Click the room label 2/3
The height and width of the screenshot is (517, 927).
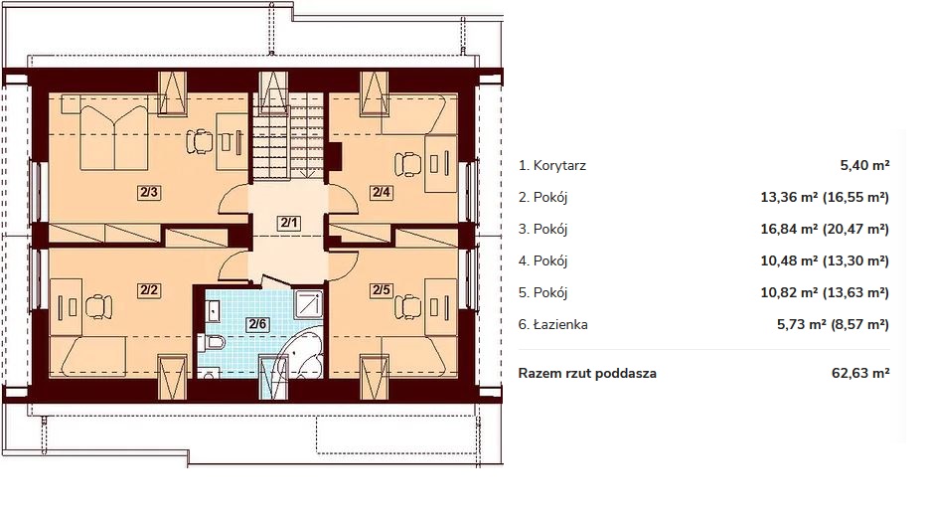coord(149,192)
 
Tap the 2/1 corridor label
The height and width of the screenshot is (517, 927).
coord(289,223)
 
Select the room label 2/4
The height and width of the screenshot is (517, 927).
coord(382,192)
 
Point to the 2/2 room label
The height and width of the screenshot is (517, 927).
coord(149,290)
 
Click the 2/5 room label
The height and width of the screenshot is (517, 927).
coord(382,290)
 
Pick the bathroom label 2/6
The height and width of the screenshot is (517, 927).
coord(257,324)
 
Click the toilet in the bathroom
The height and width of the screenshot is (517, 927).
coord(211,342)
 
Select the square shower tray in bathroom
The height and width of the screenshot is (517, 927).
coord(308,304)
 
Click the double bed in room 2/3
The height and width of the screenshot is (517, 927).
coord(113,137)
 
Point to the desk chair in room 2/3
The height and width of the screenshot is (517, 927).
coord(200,141)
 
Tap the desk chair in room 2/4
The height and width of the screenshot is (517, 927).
coord(407,163)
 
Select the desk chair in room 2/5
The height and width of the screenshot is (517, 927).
coord(407,306)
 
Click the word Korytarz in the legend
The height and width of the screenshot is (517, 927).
coord(559,166)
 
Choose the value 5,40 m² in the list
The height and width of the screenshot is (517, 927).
coord(865,166)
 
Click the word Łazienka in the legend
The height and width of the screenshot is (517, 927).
coord(560,324)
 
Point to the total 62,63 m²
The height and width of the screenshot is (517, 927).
coord(860,373)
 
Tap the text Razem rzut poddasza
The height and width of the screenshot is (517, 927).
coord(587,373)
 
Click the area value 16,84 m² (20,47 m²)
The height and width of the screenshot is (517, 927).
coord(825,229)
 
